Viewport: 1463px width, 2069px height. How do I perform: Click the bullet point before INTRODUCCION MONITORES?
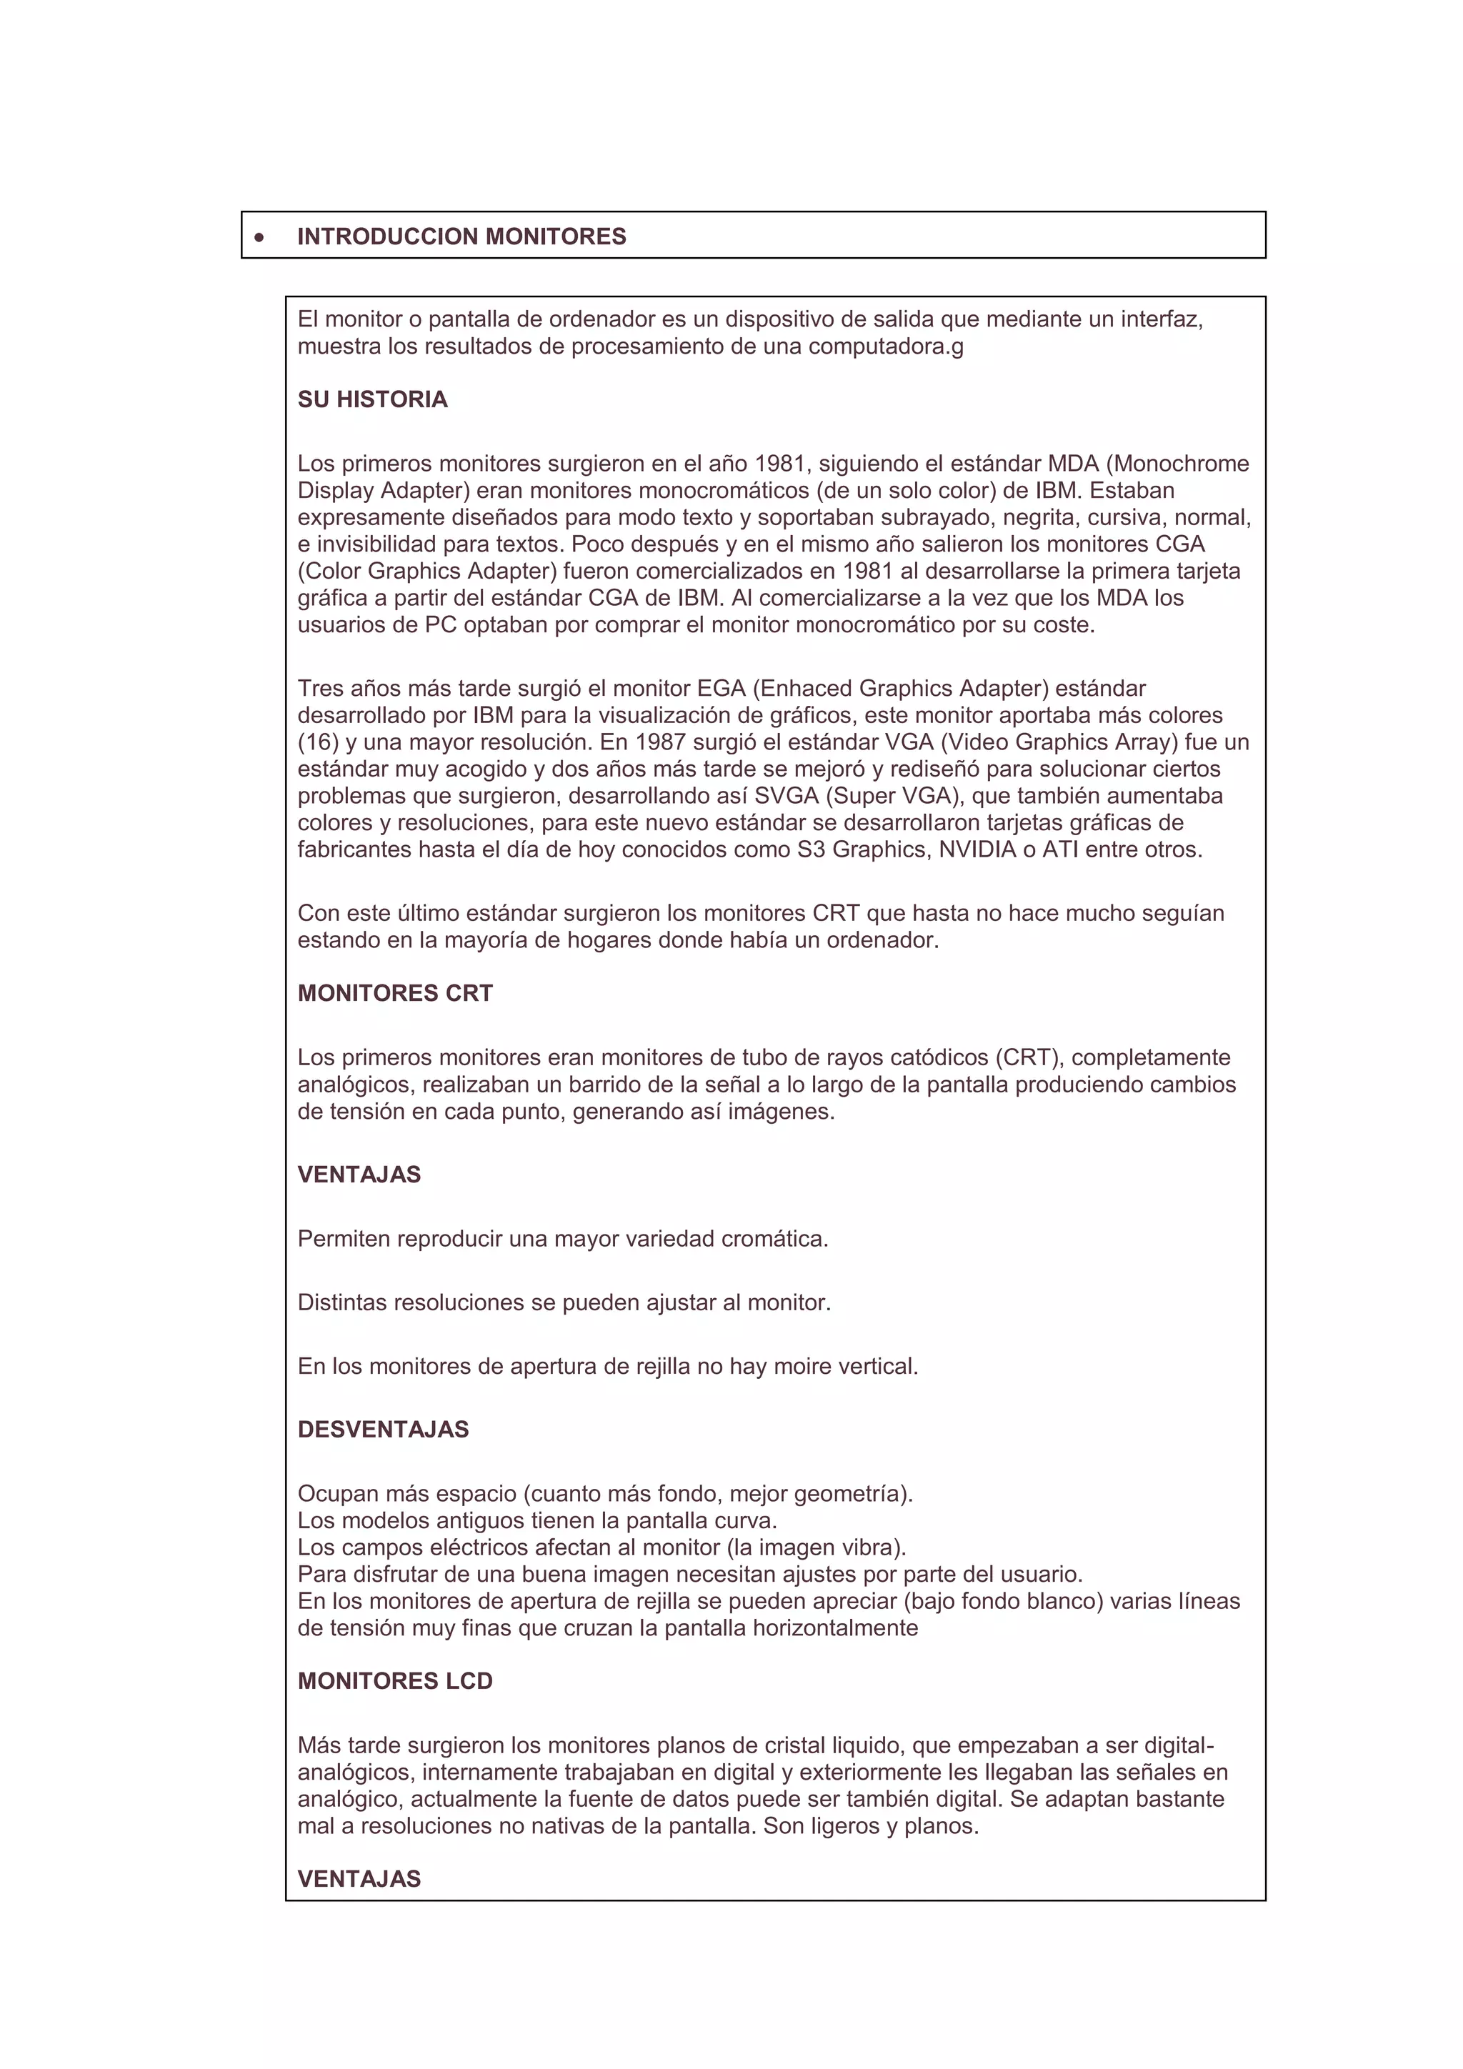click(x=259, y=237)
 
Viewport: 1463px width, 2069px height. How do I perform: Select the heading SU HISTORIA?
click(x=372, y=400)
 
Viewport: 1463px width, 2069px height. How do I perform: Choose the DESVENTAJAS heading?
click(x=383, y=1429)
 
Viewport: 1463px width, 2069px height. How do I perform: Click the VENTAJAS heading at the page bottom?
click(x=359, y=1879)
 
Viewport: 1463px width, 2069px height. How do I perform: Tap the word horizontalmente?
click(x=835, y=1628)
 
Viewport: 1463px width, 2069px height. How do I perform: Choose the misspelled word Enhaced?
click(x=802, y=689)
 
